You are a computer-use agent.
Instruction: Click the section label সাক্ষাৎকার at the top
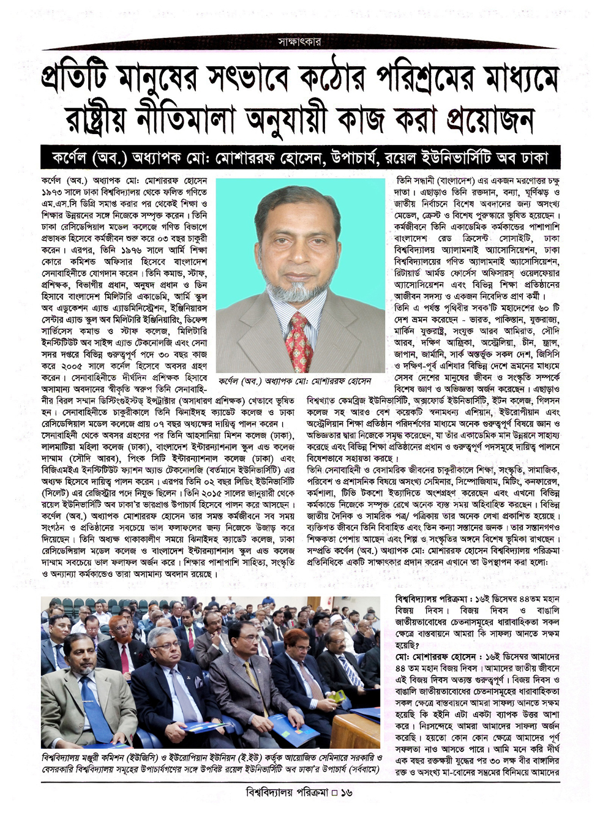[x=299, y=42]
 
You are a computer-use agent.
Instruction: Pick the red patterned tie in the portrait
[x=300, y=341]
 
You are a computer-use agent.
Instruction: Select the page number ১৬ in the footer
[x=347, y=792]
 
